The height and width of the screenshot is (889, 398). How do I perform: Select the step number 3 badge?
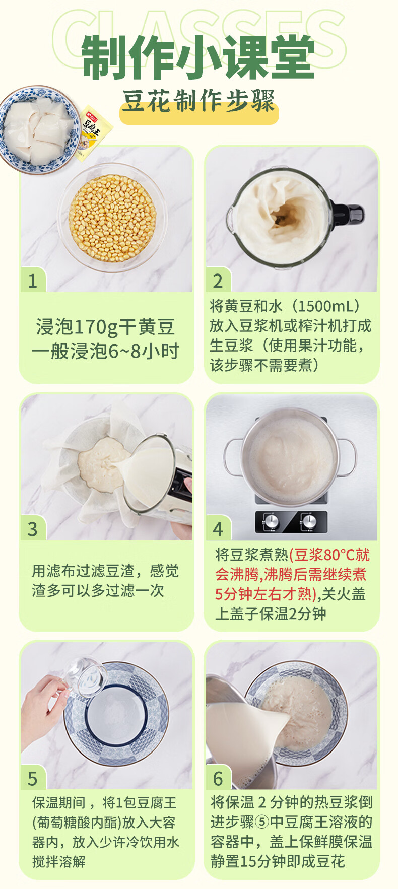(33, 529)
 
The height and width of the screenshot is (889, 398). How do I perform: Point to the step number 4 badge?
(218, 529)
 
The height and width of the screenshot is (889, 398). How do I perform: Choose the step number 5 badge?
(33, 778)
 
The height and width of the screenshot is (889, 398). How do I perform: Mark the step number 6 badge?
(218, 778)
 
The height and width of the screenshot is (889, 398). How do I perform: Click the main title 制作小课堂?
(198, 57)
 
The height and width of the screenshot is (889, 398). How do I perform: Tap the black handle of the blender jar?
(353, 214)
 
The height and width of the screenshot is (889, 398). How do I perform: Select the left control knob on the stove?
(269, 521)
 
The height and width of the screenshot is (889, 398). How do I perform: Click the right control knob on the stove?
(308, 521)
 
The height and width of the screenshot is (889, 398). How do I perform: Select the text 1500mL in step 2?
(322, 306)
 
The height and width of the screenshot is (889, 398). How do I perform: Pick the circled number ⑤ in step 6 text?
(262, 822)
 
